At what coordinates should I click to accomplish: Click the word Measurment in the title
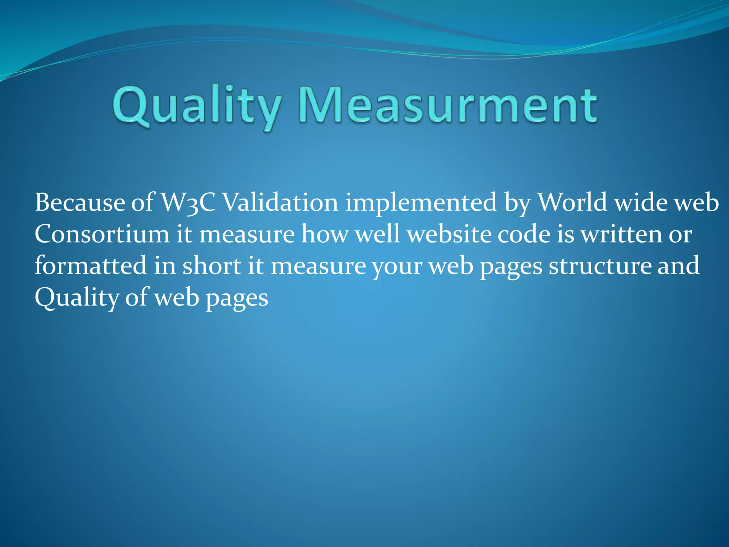448,106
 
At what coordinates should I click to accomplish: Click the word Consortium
102,234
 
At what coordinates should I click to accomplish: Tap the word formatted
90,266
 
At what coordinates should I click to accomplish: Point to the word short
212,266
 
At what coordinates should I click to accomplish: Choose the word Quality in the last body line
76,298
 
